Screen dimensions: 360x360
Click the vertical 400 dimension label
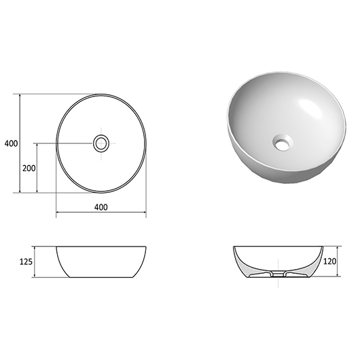(11, 143)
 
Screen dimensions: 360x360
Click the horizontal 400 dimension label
(101, 207)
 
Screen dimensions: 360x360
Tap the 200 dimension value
(29, 168)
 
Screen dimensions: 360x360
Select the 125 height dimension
(26, 262)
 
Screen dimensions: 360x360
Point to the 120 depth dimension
(330, 262)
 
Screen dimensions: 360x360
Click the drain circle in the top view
(101, 143)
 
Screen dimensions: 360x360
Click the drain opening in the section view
(278, 274)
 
